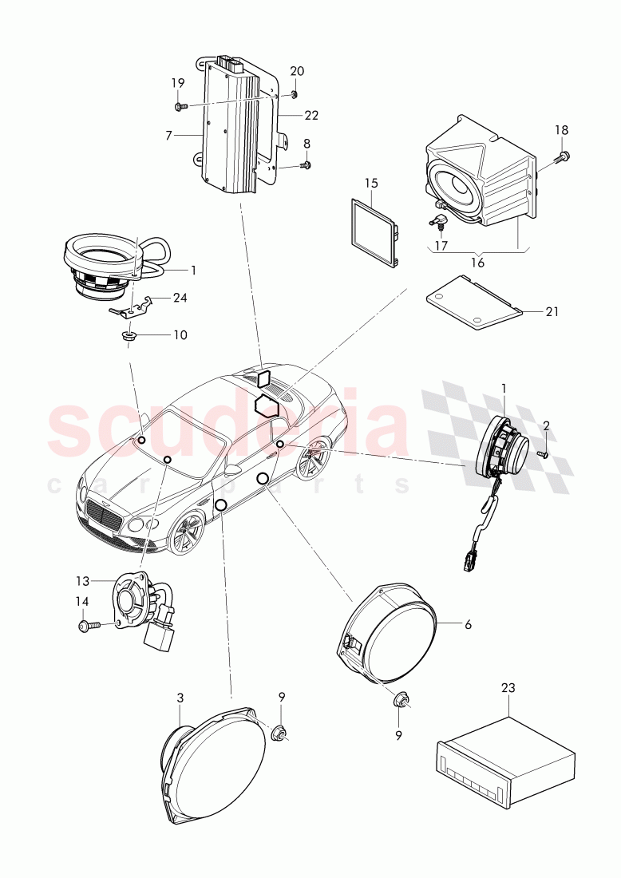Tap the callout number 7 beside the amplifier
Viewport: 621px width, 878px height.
pyautogui.click(x=168, y=136)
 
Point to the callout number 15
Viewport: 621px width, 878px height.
pyautogui.click(x=371, y=183)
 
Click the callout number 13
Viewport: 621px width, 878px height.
pyautogui.click(x=83, y=581)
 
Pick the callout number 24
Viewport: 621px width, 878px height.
pyautogui.click(x=180, y=299)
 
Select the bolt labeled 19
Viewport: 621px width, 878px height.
pyautogui.click(x=180, y=106)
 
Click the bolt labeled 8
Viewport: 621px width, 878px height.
pyautogui.click(x=306, y=165)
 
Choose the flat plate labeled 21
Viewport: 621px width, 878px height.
pyautogui.click(x=471, y=301)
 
